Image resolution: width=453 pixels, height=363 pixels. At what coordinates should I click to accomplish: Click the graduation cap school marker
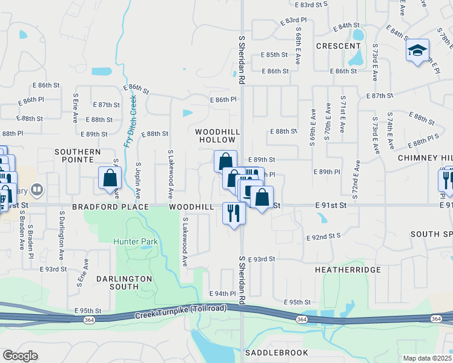tap(417, 50)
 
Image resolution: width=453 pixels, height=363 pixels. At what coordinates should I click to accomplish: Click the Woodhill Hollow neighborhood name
tap(217, 136)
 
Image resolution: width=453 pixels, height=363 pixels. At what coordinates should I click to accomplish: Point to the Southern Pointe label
tap(78, 155)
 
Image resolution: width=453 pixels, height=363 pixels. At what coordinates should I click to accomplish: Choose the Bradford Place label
tap(110, 207)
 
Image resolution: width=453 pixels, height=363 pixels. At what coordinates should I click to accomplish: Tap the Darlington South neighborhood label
tap(124, 283)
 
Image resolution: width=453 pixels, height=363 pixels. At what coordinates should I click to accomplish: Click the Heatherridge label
tap(348, 269)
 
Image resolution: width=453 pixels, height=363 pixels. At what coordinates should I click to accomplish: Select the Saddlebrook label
tap(276, 352)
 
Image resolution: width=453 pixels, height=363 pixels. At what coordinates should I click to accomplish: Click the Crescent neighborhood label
tap(338, 46)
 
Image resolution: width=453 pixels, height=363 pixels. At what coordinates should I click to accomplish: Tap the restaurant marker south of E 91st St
tap(234, 214)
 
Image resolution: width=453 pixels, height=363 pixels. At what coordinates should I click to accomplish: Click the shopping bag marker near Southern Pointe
tap(110, 178)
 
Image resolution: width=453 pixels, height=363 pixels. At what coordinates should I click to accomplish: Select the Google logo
tap(20, 356)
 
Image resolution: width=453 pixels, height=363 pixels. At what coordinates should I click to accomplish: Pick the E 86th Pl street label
tap(222, 100)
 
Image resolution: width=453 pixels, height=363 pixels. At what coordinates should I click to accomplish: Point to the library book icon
tap(37, 190)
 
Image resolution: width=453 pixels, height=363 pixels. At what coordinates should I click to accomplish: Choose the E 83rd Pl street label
tap(294, 21)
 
